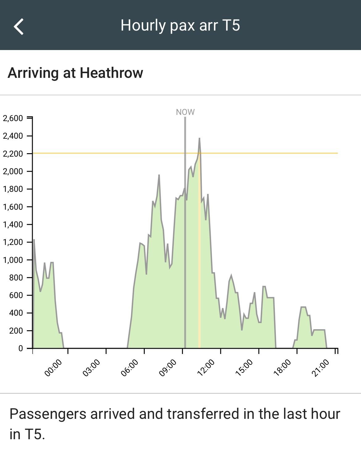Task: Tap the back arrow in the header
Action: (19, 27)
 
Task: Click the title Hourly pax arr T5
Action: (180, 25)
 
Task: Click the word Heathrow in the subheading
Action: (111, 73)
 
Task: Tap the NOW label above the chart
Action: (185, 112)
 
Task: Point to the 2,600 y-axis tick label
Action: (13, 118)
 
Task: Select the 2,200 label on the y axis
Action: (13, 154)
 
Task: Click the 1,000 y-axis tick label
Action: (13, 260)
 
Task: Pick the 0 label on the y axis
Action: (21, 348)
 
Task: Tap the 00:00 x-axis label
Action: (53, 368)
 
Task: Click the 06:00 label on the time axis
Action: (129, 368)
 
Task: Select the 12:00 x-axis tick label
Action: (205, 368)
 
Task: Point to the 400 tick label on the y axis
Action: (16, 313)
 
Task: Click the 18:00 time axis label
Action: (282, 368)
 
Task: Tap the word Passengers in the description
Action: (48, 414)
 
